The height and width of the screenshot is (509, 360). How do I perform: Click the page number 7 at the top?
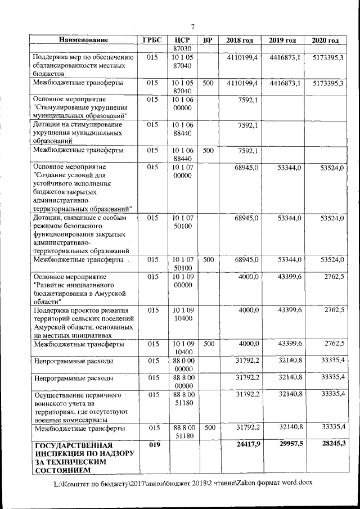pos(192,27)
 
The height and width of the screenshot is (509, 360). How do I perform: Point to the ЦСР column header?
pos(183,40)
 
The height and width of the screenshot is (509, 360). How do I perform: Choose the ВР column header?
pos(208,40)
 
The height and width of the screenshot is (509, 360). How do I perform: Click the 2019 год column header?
pos(282,40)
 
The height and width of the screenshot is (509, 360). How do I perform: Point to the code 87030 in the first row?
pos(183,48)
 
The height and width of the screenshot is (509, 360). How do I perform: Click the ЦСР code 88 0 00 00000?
pos(183,364)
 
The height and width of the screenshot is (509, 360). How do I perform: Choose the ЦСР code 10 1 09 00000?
pos(183,281)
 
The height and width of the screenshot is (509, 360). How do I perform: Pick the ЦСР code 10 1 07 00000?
pos(183,172)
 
